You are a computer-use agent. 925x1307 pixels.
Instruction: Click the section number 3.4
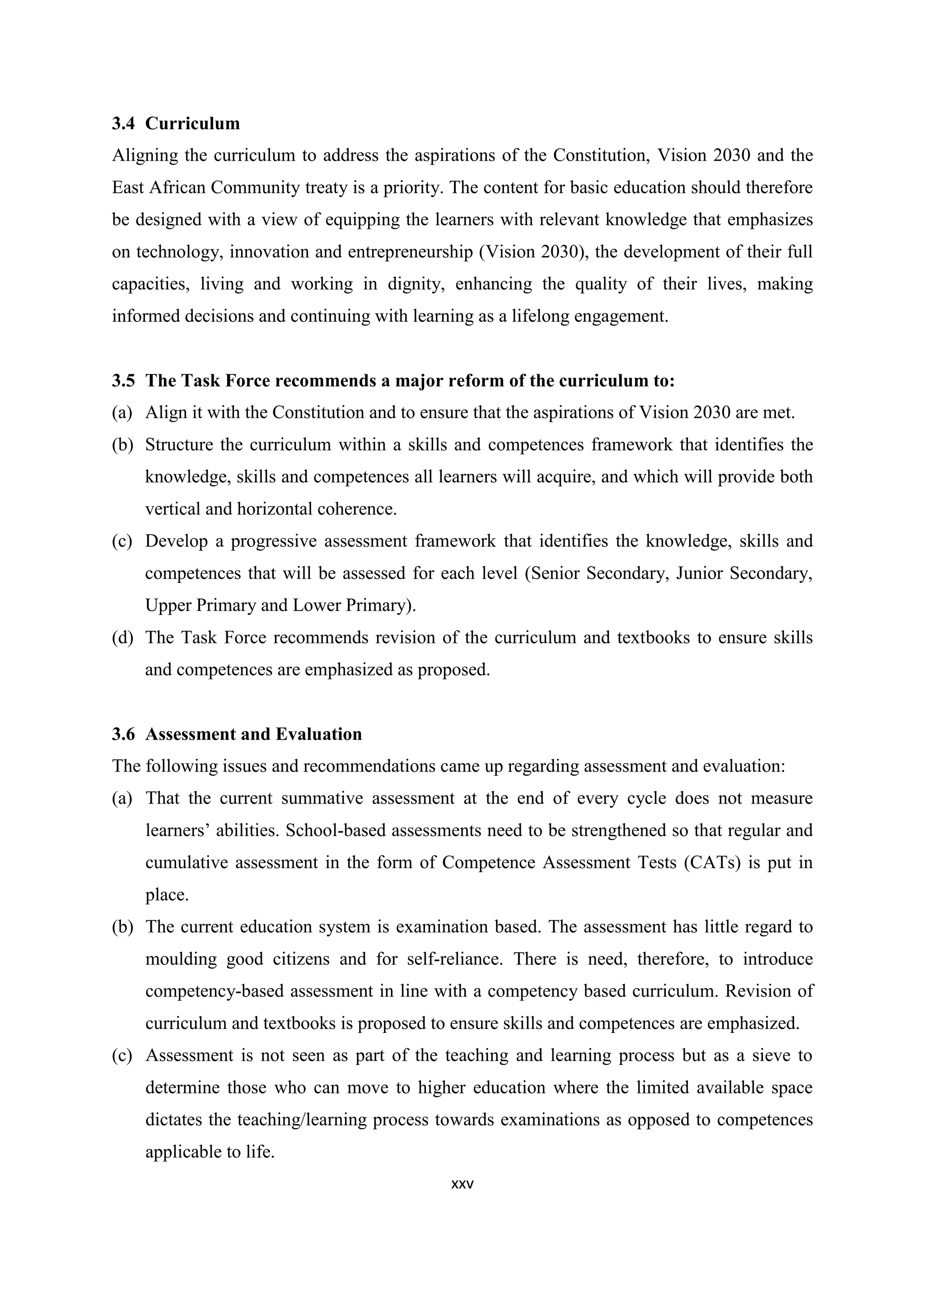tap(123, 124)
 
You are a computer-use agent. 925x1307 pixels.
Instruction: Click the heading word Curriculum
tap(192, 124)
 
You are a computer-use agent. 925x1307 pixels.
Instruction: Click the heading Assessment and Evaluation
tap(253, 735)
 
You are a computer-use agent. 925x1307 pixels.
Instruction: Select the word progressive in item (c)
tap(273, 541)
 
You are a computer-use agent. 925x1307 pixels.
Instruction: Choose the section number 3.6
tap(123, 735)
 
